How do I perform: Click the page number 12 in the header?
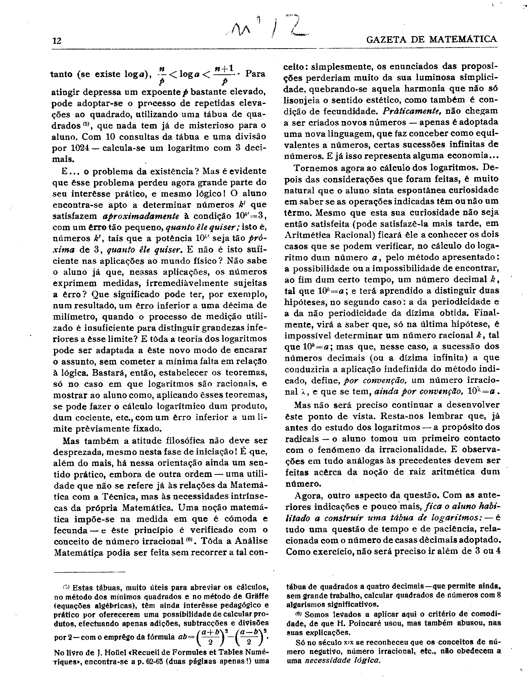[57, 41]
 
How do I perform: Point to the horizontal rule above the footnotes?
[90, 572]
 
